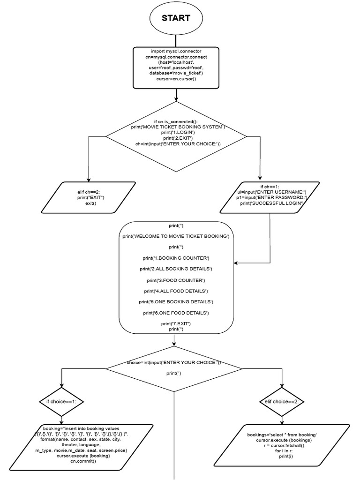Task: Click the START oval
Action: pyautogui.click(x=176, y=19)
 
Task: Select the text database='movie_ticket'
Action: pyautogui.click(x=176, y=74)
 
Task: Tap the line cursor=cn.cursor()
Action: pyautogui.click(x=176, y=79)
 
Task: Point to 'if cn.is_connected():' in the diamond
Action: pyautogui.click(x=176, y=121)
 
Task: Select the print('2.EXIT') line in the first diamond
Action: pyautogui.click(x=176, y=138)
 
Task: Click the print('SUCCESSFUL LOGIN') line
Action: pyautogui.click(x=272, y=203)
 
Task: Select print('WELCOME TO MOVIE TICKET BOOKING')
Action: pyautogui.click(x=176, y=237)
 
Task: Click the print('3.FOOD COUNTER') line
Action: pyautogui.click(x=176, y=280)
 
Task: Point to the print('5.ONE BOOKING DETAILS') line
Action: pyautogui.click(x=176, y=301)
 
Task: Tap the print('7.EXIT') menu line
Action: pyautogui.click(x=176, y=323)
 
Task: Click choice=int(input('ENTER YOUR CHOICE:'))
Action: pyautogui.click(x=174, y=363)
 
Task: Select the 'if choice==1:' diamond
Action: pyautogui.click(x=61, y=402)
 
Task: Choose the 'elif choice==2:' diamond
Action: pyautogui.click(x=283, y=402)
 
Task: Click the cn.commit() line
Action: pyautogui.click(x=83, y=461)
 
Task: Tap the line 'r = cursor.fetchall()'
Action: pyautogui.click(x=284, y=446)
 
